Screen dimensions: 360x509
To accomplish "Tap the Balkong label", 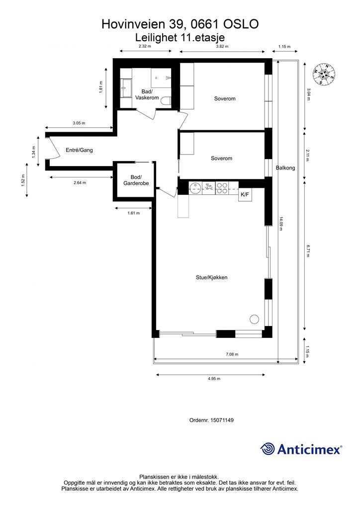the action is point(285,168).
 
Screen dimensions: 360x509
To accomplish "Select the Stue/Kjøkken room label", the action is point(211,277).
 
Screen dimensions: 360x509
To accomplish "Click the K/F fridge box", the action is point(245,195).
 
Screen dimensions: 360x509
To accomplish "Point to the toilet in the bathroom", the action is point(167,101).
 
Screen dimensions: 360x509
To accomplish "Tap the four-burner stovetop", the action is point(223,188).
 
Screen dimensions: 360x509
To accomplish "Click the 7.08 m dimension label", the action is point(232,354).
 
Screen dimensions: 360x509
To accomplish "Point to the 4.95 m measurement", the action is point(214,378).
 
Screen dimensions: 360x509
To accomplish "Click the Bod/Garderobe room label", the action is point(136,180).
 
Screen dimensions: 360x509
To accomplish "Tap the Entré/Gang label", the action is point(79,150).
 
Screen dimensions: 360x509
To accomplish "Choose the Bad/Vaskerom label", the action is point(147,95).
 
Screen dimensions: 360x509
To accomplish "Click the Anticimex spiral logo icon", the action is point(268,449).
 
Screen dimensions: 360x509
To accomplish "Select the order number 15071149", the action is point(222,420).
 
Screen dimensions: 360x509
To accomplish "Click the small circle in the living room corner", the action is point(255,319).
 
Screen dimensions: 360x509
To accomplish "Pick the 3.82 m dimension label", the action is point(222,46).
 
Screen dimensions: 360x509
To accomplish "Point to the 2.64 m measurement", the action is point(80,183).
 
